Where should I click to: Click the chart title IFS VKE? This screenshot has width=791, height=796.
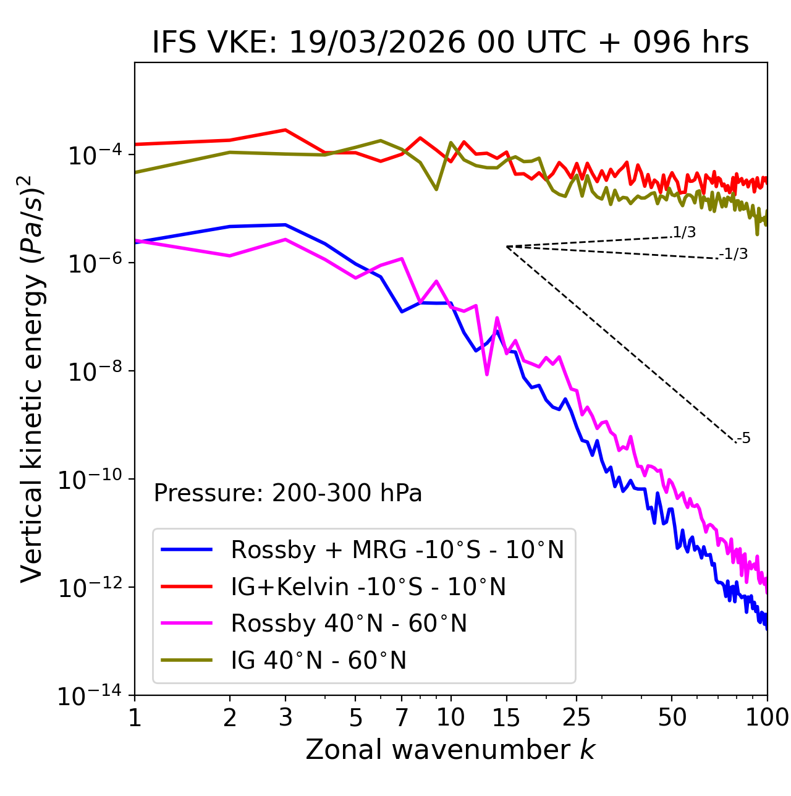pyautogui.click(x=450, y=43)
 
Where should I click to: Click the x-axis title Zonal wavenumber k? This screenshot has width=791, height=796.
pyautogui.click(x=450, y=750)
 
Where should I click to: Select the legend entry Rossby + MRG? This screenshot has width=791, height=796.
pyautogui.click(x=397, y=549)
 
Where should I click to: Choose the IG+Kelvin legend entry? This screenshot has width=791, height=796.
pyautogui.click(x=368, y=586)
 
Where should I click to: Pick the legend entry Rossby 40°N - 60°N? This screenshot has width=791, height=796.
pyautogui.click(x=349, y=624)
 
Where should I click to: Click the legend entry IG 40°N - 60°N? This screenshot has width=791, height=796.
pyautogui.click(x=318, y=661)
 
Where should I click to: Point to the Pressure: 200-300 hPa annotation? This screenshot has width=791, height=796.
pyautogui.click(x=288, y=493)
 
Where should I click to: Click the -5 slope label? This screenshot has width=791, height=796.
pyautogui.click(x=743, y=439)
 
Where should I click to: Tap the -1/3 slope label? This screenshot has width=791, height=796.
pyautogui.click(x=734, y=254)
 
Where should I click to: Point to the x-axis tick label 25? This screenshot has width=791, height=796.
pyautogui.click(x=577, y=718)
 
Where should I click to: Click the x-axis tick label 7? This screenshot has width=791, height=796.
pyautogui.click(x=402, y=718)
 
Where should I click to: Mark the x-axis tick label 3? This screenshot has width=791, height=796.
pyautogui.click(x=285, y=718)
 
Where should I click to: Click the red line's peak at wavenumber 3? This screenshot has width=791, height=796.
pyautogui.click(x=285, y=130)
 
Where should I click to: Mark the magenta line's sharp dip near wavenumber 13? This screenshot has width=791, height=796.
pyautogui.click(x=487, y=375)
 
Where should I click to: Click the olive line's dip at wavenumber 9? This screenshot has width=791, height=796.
pyautogui.click(x=436, y=189)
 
